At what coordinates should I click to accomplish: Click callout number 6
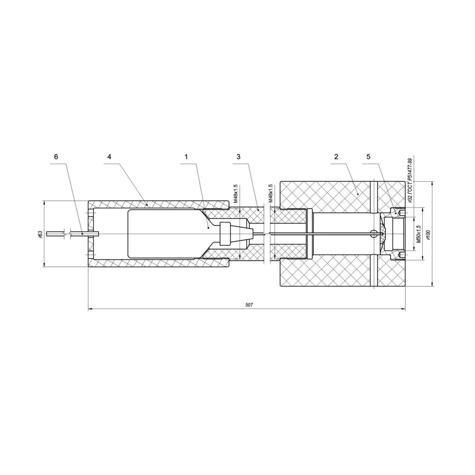56,157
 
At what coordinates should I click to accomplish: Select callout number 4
109,157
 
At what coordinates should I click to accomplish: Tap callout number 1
186,157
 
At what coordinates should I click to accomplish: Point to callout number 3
238,157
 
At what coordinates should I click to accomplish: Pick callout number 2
336,157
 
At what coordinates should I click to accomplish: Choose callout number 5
368,157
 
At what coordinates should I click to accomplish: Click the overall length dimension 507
249,305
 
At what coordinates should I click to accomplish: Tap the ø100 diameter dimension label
428,234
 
